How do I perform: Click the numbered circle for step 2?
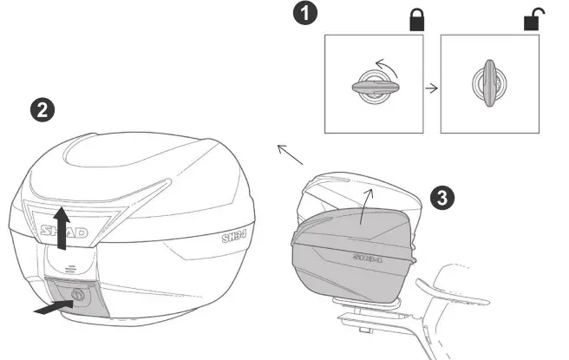(40, 109)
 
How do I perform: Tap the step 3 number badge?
(442, 197)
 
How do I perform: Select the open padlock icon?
(533, 18)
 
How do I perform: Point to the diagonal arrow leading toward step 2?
(290, 155)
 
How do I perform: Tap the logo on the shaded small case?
(369, 256)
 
